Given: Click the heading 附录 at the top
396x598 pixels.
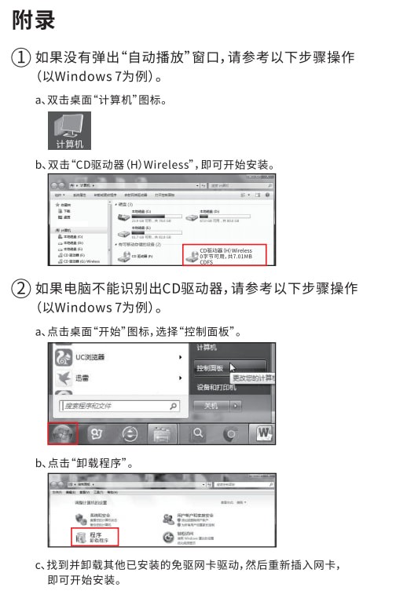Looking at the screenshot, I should point(34,21).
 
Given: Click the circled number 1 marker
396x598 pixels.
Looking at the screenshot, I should point(21,58).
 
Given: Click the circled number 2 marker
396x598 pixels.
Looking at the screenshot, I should point(21,289).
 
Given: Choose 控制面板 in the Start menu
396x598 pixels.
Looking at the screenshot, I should point(211,366).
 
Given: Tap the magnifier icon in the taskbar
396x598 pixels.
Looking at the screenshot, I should point(199,432).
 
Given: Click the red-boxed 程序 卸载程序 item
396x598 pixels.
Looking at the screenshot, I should point(93,537).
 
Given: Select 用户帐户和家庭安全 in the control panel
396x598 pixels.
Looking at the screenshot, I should point(192,518).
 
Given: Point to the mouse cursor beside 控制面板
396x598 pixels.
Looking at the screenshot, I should point(233,365).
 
